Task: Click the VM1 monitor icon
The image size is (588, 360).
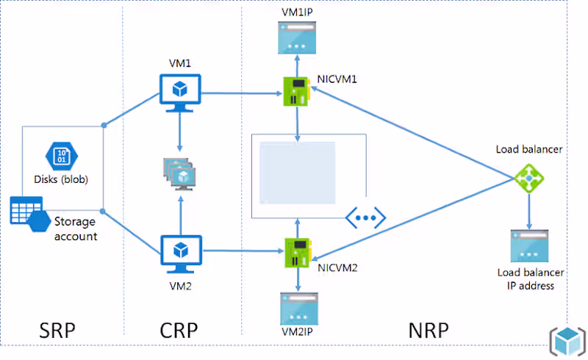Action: pos(180,91)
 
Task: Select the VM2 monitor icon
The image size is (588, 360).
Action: pos(180,252)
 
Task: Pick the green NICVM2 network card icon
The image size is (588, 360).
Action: pos(297,252)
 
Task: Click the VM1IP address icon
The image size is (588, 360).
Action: pos(297,37)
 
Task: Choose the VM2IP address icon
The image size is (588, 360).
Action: pos(297,307)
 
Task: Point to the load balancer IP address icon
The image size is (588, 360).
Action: pos(529,246)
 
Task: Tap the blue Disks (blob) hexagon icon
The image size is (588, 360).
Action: pos(60,156)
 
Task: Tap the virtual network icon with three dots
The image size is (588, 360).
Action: pos(365,217)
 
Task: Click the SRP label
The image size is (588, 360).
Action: pos(58,331)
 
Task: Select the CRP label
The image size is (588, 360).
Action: pos(179,331)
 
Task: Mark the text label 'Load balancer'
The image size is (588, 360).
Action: pos(529,149)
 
